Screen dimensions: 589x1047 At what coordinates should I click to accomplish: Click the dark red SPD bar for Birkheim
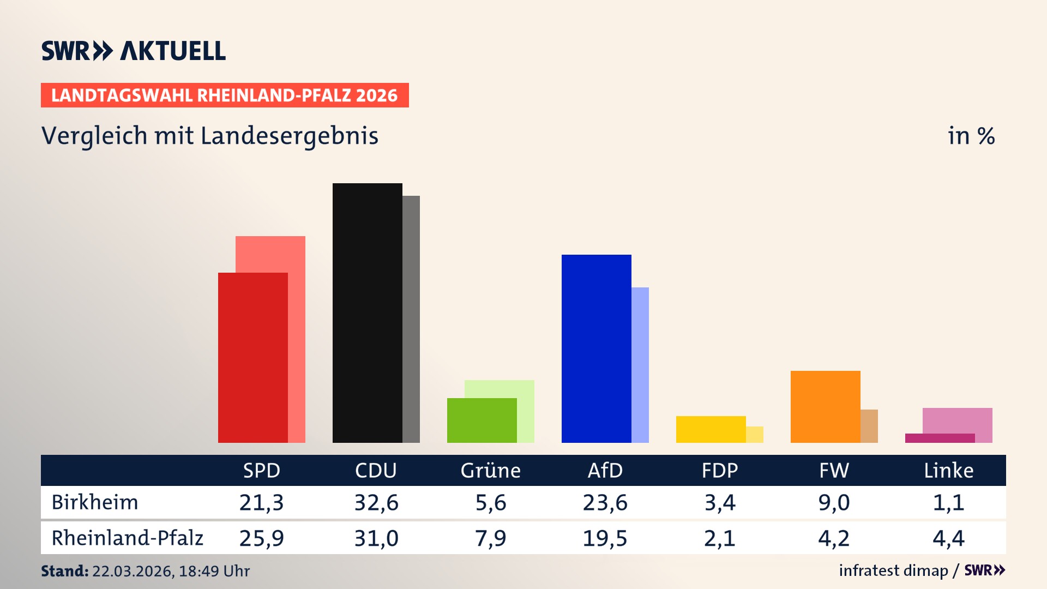(252, 357)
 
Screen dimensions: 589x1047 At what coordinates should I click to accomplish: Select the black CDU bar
(367, 312)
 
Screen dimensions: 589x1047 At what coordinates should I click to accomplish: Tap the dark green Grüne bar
(482, 420)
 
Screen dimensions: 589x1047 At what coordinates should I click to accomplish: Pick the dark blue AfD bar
(596, 348)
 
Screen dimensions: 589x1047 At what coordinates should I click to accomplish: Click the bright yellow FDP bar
(711, 429)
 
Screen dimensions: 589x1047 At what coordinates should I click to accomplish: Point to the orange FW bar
(825, 406)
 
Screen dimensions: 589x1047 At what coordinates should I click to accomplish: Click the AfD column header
(605, 471)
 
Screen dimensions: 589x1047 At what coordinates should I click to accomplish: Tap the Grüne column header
(490, 471)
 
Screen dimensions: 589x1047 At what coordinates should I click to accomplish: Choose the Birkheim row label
(95, 502)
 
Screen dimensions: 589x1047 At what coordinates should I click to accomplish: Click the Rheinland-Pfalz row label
(127, 538)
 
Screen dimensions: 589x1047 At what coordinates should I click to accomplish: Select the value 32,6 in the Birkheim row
(376, 502)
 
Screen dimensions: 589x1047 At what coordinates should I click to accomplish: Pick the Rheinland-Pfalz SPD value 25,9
(262, 538)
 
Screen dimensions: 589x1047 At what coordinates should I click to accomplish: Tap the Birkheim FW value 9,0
(834, 502)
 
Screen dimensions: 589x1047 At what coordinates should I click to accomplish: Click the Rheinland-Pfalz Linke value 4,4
(948, 538)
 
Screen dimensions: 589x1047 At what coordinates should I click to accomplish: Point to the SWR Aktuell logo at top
(134, 51)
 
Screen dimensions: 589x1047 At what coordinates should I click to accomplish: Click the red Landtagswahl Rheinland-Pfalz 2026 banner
(225, 95)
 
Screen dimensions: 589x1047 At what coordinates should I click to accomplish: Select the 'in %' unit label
(971, 136)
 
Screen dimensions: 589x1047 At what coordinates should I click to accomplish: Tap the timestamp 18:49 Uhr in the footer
(214, 571)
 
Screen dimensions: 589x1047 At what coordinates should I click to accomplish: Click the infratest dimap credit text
(893, 570)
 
